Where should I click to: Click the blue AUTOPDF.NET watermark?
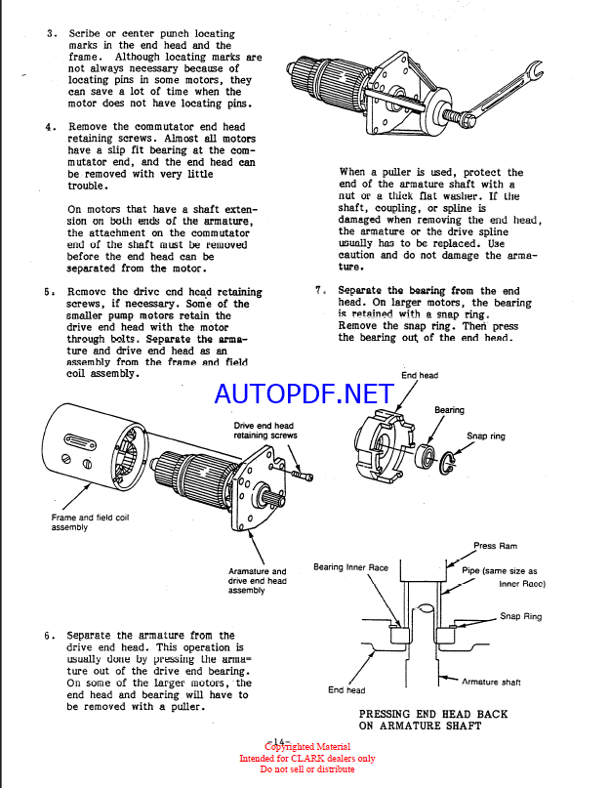tap(304, 394)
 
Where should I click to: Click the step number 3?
tap(52, 33)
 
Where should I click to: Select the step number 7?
tap(320, 290)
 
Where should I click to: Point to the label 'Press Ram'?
tap(495, 546)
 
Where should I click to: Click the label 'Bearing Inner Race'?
tap(350, 567)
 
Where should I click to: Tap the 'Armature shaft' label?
tap(491, 682)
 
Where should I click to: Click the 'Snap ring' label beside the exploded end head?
tap(486, 435)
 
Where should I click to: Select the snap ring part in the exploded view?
tap(448, 463)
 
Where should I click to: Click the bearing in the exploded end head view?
tap(427, 455)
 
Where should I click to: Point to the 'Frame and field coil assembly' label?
tap(90, 522)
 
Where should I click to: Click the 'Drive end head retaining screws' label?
tap(265, 431)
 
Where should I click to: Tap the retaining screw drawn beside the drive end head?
tap(302, 475)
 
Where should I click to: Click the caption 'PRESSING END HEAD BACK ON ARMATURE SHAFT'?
tap(433, 720)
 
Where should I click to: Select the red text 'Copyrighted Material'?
tap(307, 747)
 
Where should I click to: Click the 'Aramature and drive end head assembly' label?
tap(258, 580)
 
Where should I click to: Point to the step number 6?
tap(49, 636)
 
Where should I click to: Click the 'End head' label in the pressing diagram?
tap(346, 690)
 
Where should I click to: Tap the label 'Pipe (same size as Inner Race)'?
tap(504, 577)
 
